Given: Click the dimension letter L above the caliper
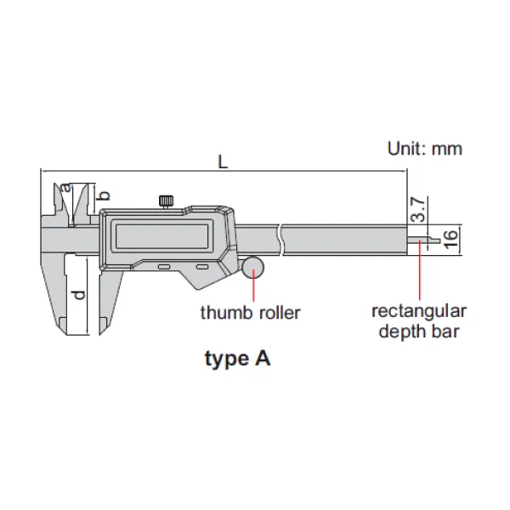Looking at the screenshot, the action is pyautogui.click(x=223, y=161).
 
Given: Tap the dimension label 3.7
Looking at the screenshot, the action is pyautogui.click(x=417, y=209).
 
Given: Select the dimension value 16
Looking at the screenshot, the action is pyautogui.click(x=450, y=240).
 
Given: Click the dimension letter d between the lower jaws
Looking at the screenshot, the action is pyautogui.click(x=78, y=295).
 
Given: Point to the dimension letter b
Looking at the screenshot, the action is pyautogui.click(x=104, y=195).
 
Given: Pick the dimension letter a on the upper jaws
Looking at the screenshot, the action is pyautogui.click(x=66, y=188).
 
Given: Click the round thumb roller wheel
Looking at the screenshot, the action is pyautogui.click(x=252, y=268).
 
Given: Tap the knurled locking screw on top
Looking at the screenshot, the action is pyautogui.click(x=166, y=201).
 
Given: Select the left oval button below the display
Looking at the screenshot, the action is pyautogui.click(x=164, y=267).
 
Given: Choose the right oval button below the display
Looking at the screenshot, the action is pyautogui.click(x=202, y=267).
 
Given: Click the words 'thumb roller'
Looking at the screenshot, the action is pyautogui.click(x=250, y=313).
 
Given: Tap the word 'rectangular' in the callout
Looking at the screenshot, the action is pyautogui.click(x=419, y=311).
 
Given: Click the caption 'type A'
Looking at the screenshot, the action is pyautogui.click(x=238, y=359).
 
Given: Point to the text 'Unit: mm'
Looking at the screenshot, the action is pyautogui.click(x=425, y=149).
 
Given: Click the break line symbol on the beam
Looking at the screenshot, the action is pyautogui.click(x=280, y=240).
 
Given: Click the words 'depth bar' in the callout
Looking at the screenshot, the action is pyautogui.click(x=419, y=331).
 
